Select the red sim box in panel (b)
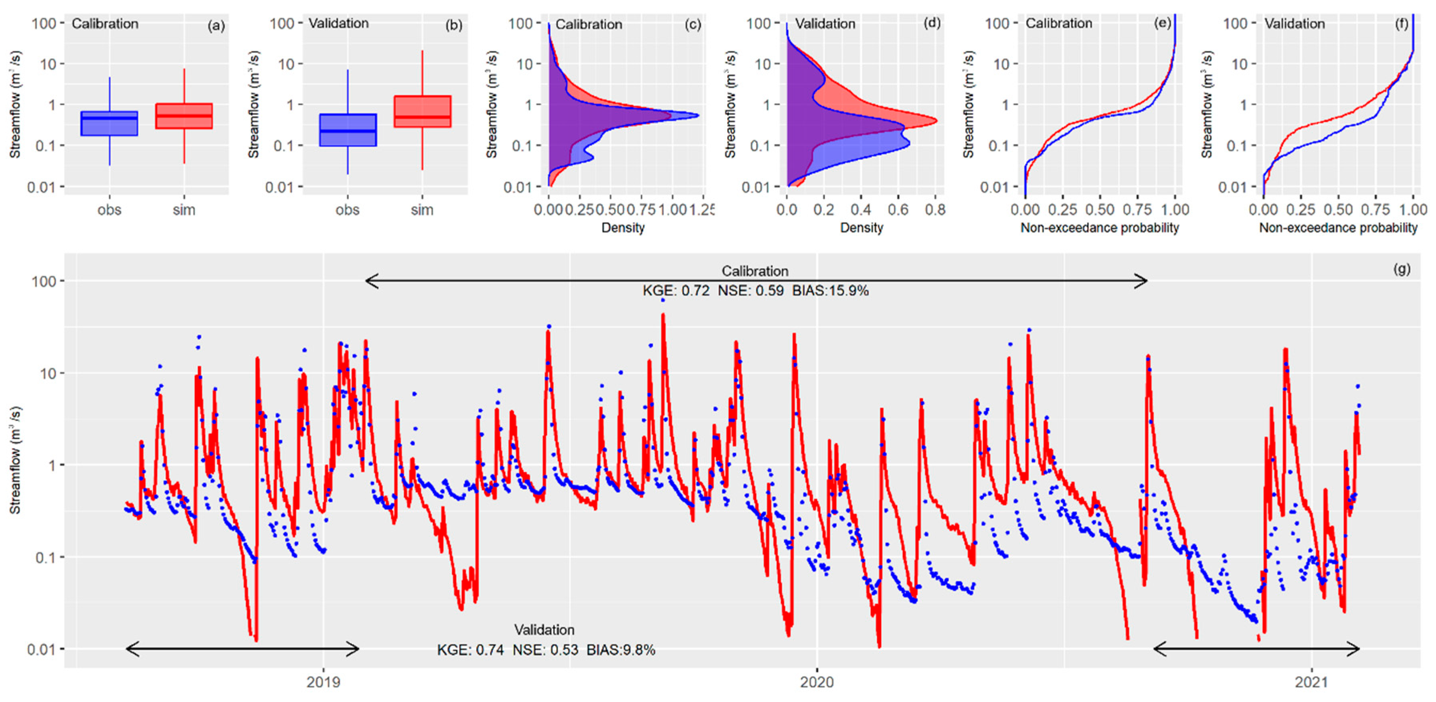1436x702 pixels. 422,112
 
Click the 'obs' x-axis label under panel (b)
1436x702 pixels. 347,210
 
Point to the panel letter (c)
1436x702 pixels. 692,24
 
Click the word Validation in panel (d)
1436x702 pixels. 825,24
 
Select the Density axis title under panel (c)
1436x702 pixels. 623,227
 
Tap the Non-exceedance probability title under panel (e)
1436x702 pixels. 1099,227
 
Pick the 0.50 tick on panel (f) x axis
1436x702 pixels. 1338,210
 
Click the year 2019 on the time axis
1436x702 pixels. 324,682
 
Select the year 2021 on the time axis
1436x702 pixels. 1311,682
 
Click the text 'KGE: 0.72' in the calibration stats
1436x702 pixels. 676,290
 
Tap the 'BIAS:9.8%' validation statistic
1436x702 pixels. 621,649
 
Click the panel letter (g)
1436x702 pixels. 1402,269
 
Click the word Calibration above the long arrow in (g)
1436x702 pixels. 755,271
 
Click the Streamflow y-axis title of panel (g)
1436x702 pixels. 15,460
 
